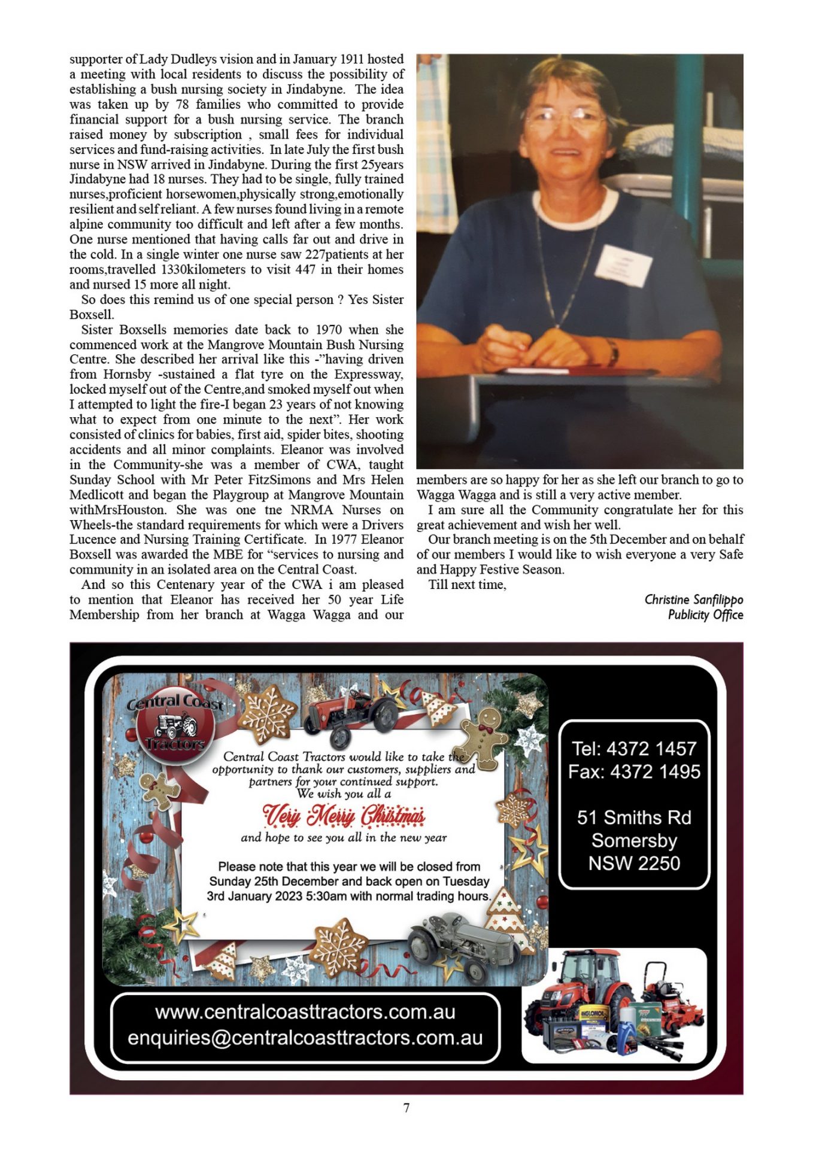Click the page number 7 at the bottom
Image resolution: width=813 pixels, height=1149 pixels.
(x=406, y=1108)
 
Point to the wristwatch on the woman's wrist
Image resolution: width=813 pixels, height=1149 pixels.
(x=612, y=352)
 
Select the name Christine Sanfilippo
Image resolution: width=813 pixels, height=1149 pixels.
(x=693, y=600)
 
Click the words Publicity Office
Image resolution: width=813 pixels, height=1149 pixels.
(x=705, y=615)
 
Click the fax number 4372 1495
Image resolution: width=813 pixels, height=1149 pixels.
(x=655, y=771)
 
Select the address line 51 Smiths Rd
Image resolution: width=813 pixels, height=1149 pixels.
(x=634, y=817)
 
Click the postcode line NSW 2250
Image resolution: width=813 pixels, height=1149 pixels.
(x=634, y=863)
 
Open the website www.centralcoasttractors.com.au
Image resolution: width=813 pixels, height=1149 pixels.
(x=305, y=1012)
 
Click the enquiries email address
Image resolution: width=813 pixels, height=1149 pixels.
(x=305, y=1038)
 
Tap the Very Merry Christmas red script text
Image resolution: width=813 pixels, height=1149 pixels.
(x=344, y=815)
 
